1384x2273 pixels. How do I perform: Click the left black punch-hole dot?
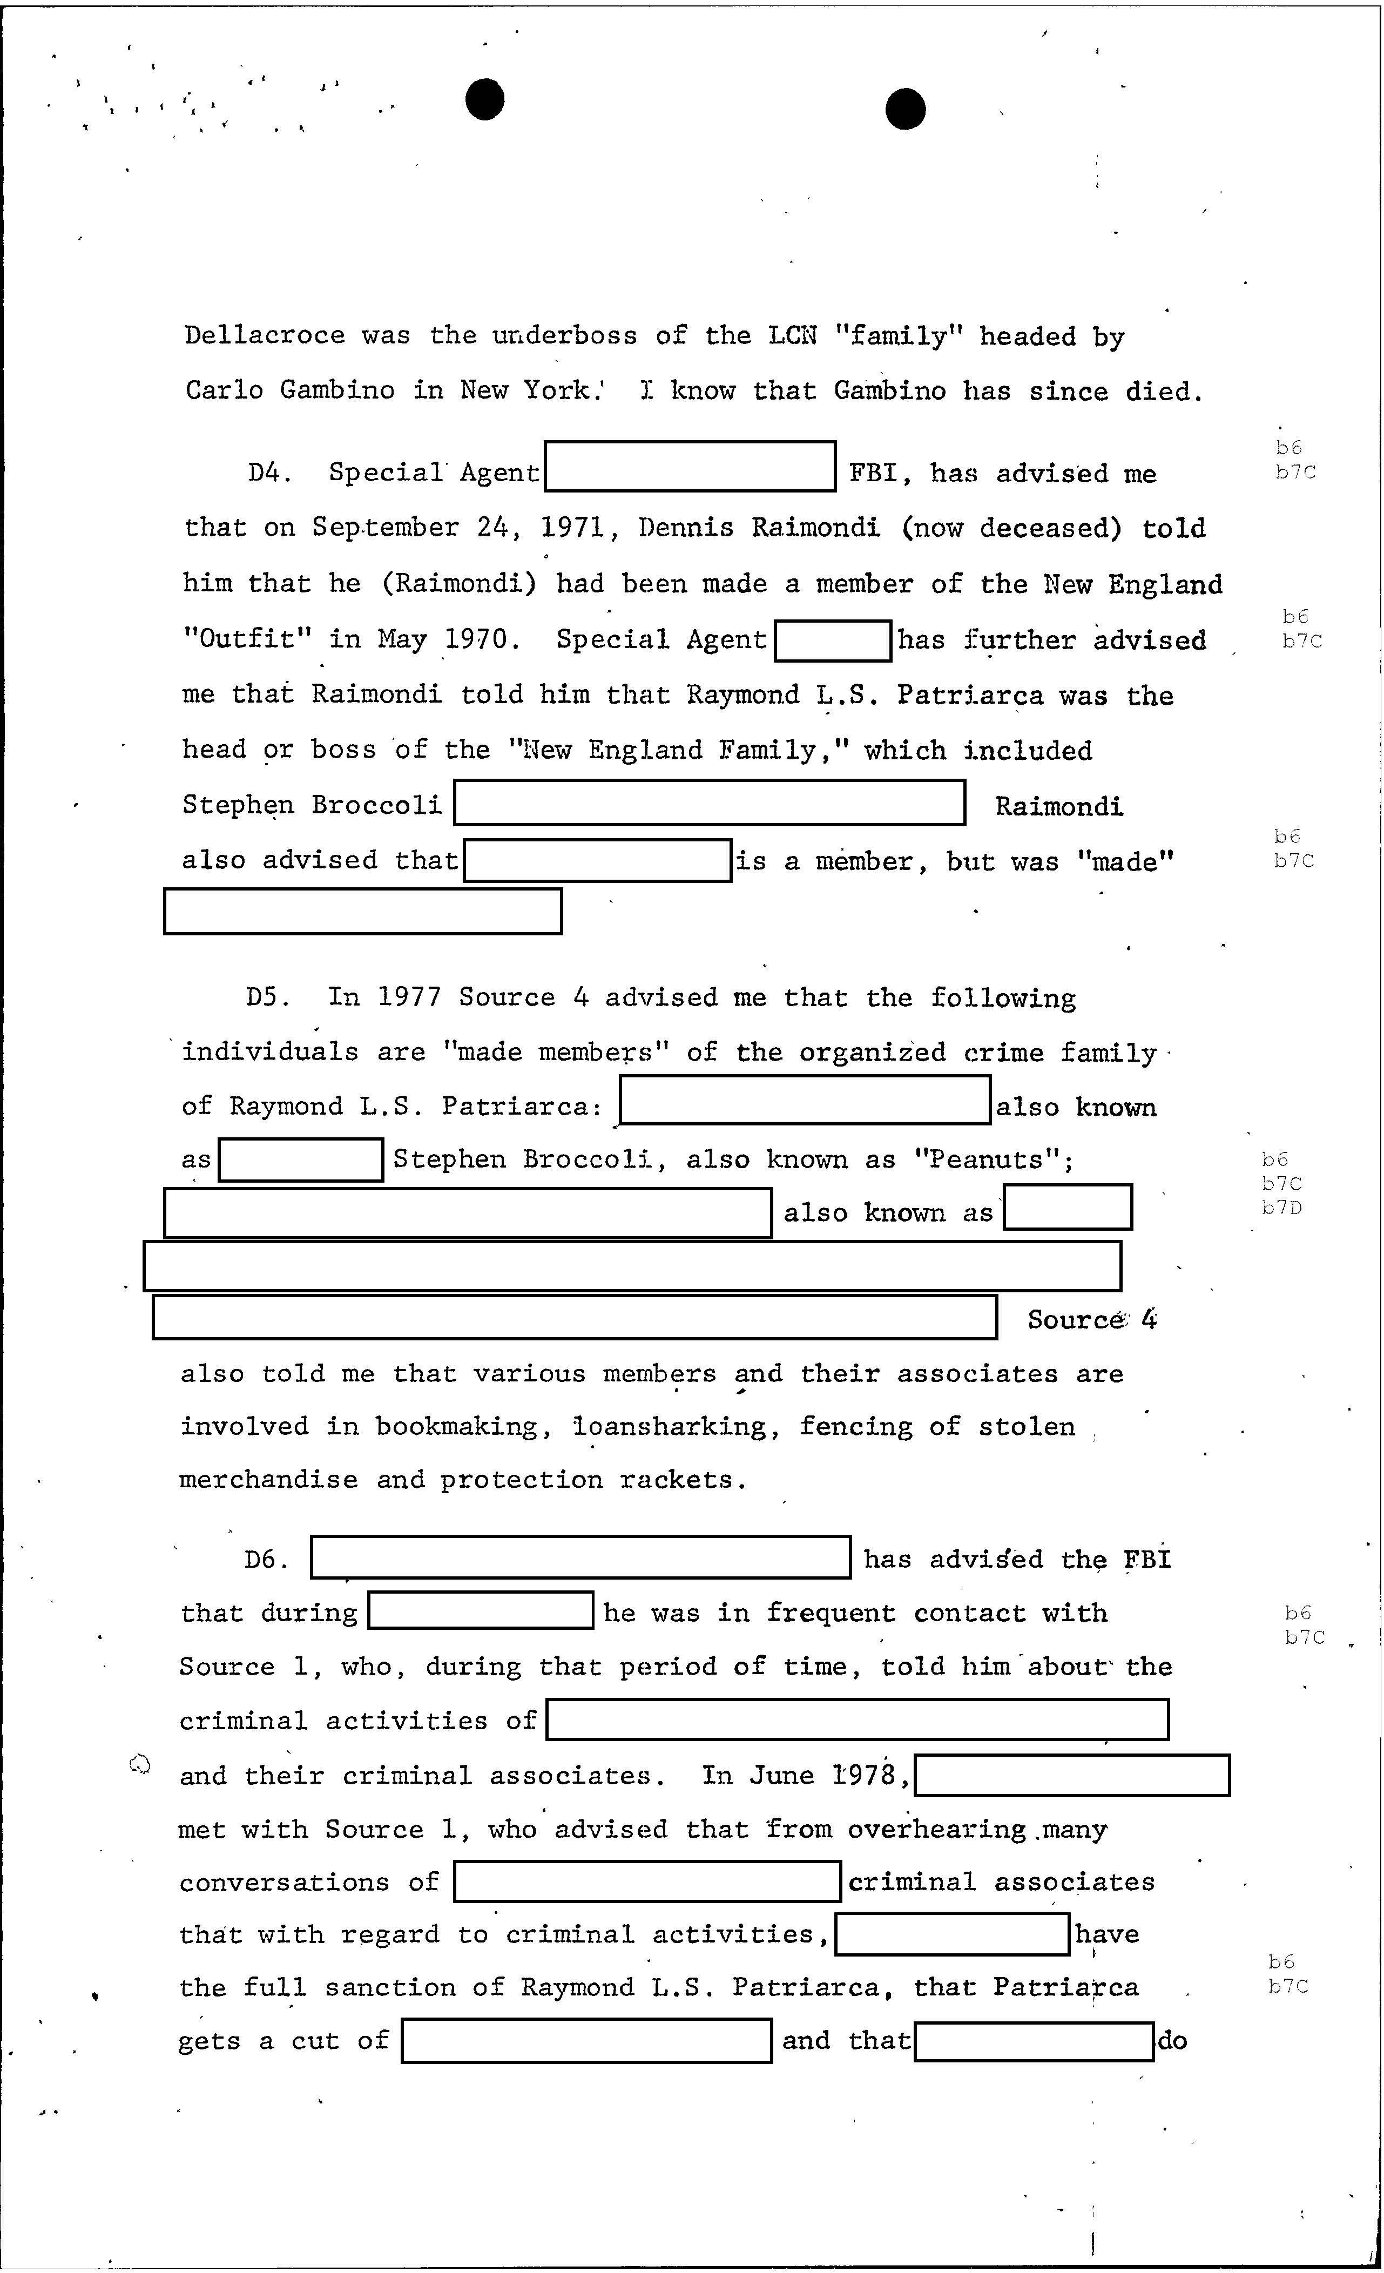pos(484,99)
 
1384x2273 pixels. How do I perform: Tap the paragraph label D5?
pos(268,998)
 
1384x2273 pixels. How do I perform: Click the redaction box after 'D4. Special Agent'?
pos(690,467)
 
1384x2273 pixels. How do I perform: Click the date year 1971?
pos(573,528)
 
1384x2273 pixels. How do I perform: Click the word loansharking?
pos(670,1427)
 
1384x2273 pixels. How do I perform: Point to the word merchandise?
pos(268,1481)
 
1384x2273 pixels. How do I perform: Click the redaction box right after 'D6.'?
pos(580,1557)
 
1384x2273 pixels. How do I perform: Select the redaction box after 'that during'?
pos(480,1611)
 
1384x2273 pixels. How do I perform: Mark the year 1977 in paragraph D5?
pos(409,998)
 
